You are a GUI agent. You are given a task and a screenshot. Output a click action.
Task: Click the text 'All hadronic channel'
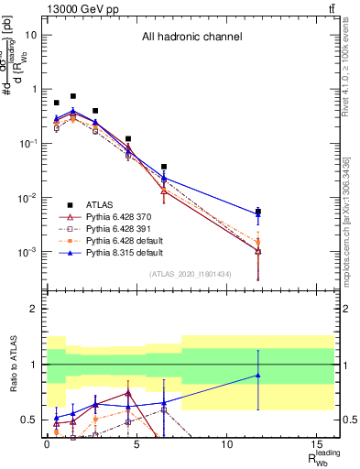191,38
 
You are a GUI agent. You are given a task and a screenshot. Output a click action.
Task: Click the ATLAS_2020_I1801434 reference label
191,274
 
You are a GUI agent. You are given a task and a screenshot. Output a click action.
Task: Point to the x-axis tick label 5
136,444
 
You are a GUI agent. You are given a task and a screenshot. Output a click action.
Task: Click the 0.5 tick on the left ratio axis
32,420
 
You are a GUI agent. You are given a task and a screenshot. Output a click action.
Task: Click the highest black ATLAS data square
73,96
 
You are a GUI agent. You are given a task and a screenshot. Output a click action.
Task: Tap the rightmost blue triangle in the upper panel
258,214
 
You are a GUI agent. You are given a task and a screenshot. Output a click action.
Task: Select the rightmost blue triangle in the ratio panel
258,375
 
